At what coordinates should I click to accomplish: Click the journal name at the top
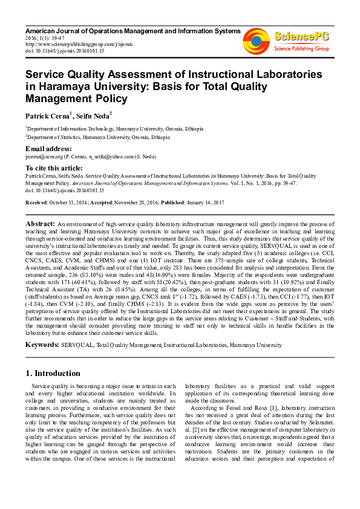click(x=133, y=30)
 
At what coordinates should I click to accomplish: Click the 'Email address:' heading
click(x=48, y=149)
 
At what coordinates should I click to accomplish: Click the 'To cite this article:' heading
click(x=54, y=167)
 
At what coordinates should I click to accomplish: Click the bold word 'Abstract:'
click(x=39, y=224)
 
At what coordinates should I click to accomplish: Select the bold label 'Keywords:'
click(x=42, y=345)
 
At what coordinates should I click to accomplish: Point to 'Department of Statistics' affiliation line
click(x=56, y=137)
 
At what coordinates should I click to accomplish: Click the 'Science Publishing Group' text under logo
click(x=301, y=48)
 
